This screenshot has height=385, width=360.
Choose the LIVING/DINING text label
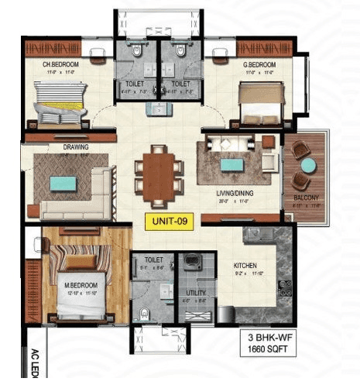click(235, 194)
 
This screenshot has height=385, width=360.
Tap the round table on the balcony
click(308, 165)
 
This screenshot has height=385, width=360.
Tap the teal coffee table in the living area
click(230, 163)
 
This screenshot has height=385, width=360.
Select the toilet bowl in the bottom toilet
click(145, 314)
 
